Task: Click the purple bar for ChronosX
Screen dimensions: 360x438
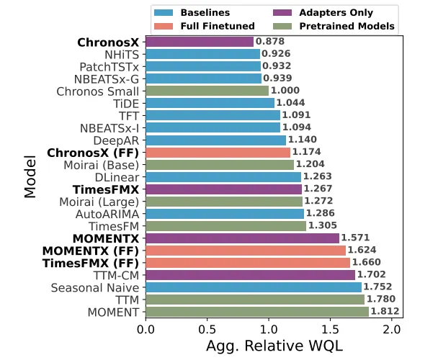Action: (x=200, y=42)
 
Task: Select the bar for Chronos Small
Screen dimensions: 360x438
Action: (x=207, y=91)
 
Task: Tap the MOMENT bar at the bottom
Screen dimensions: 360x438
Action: (x=256, y=312)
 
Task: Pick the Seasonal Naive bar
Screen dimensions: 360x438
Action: (x=253, y=287)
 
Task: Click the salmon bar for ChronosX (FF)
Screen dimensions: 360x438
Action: (x=218, y=153)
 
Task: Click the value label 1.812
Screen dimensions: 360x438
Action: (x=385, y=312)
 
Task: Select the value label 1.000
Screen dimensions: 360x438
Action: (x=285, y=91)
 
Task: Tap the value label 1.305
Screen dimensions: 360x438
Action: (x=323, y=226)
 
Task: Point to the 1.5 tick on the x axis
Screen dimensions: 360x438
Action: (x=329, y=330)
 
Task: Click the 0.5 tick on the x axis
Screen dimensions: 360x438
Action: (x=207, y=330)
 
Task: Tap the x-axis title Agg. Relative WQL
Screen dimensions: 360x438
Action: (x=274, y=346)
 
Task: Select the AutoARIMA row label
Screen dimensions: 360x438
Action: (x=107, y=214)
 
